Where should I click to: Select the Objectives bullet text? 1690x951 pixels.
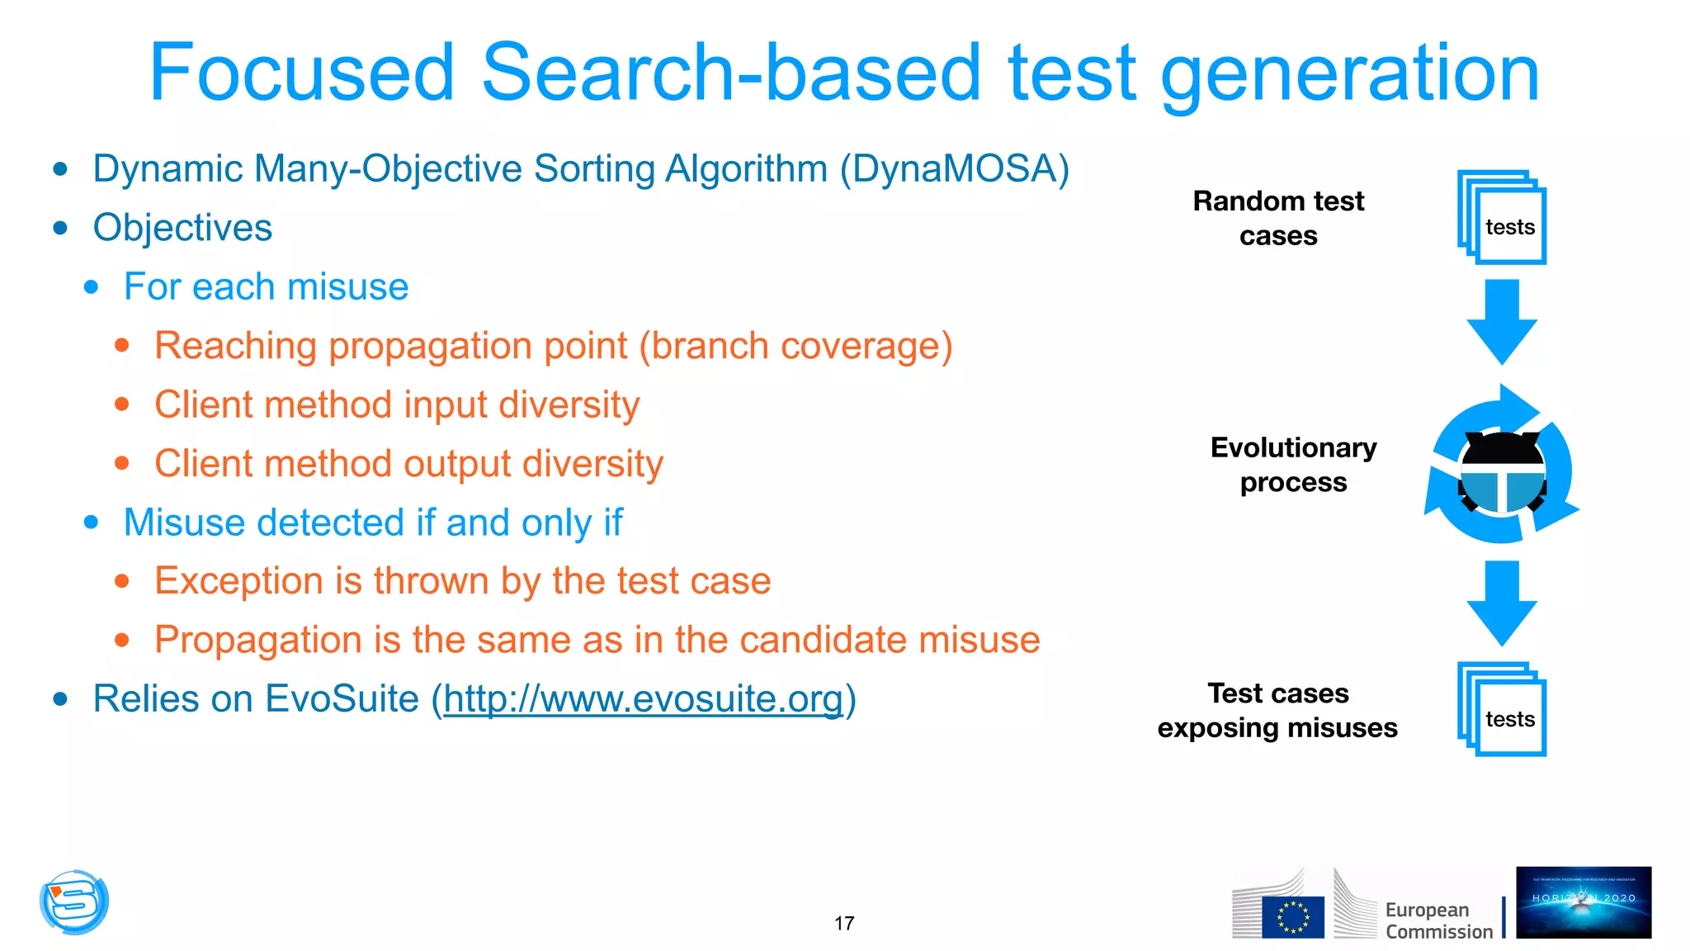point(182,228)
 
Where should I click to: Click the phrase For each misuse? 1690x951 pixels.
point(266,287)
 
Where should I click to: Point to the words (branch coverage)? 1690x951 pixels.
point(795,346)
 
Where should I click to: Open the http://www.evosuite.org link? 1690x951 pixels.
point(643,699)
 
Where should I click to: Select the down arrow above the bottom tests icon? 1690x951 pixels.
point(1502,602)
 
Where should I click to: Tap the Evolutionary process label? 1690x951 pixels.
point(1293,465)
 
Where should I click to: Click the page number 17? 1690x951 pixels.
point(844,923)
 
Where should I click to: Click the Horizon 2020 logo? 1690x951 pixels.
point(1583,902)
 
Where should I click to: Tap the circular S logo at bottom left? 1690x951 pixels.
point(74,902)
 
